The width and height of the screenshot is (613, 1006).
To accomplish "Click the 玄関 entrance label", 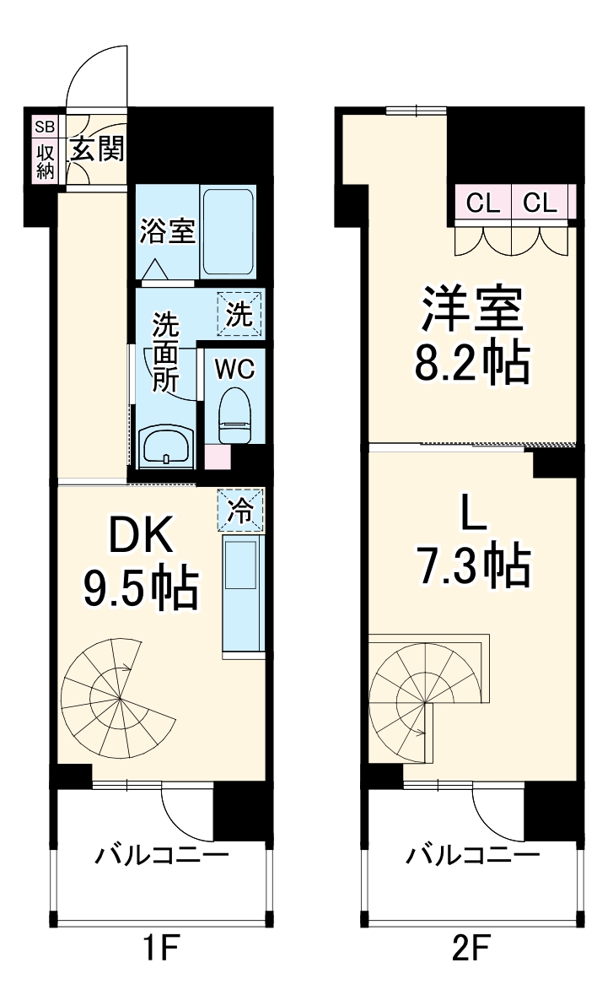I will [97, 149].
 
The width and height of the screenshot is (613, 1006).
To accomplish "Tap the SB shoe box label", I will [44, 127].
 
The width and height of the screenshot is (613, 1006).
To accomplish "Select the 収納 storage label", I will [44, 161].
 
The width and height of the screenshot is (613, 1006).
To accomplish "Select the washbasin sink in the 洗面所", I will [166, 447].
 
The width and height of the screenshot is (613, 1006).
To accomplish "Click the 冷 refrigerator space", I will [240, 509].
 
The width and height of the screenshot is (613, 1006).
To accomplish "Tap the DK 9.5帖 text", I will [140, 562].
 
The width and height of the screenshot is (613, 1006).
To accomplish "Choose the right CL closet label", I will [540, 203].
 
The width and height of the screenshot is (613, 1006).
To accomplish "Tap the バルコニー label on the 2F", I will [472, 857].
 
